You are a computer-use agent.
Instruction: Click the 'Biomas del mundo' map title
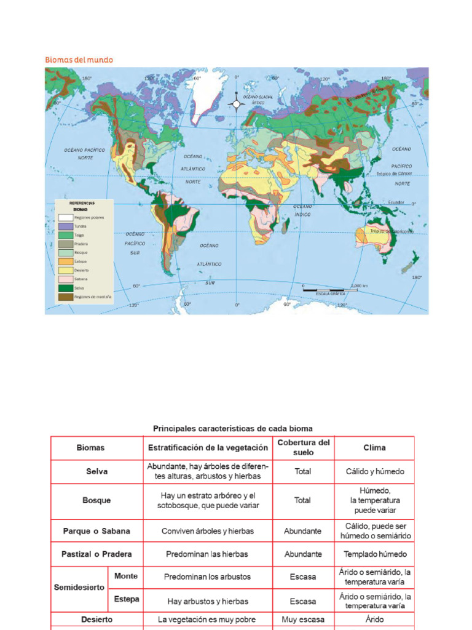pyautogui.click(x=79, y=60)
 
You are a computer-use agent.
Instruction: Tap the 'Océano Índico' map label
pyautogui.click(x=302, y=209)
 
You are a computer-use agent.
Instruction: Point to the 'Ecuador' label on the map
pyautogui.click(x=396, y=201)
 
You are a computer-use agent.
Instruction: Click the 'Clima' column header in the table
pyautogui.click(x=374, y=448)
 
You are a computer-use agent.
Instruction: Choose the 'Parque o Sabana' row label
pyautogui.click(x=96, y=530)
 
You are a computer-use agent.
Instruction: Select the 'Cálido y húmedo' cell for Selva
pyautogui.click(x=374, y=471)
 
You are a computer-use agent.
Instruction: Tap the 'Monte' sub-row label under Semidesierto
pyautogui.click(x=126, y=576)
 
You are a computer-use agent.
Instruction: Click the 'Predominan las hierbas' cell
pyautogui.click(x=207, y=554)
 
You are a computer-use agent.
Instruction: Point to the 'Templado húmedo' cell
pyautogui.click(x=374, y=554)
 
